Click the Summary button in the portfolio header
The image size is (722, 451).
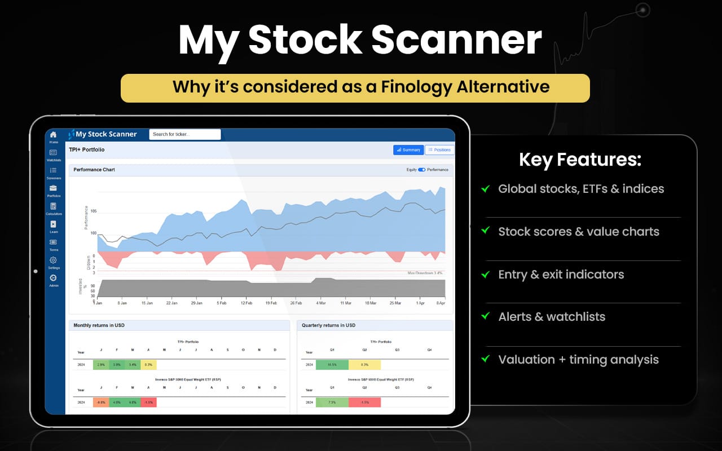tap(408, 150)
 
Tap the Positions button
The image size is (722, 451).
tap(439, 150)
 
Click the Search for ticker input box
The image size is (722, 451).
tap(185, 134)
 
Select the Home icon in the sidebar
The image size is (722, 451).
tap(53, 135)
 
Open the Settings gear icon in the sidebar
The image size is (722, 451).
tap(53, 260)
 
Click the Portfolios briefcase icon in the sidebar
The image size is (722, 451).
tap(53, 188)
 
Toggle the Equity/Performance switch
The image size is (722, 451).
tap(421, 170)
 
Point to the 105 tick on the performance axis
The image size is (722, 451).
tap(93, 211)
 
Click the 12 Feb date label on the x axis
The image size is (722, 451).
tap(246, 303)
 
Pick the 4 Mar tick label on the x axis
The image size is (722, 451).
tap(321, 303)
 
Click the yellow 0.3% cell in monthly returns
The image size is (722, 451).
tap(148, 365)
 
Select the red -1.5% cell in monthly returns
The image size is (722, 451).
tap(148, 402)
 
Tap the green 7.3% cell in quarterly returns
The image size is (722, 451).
tap(332, 402)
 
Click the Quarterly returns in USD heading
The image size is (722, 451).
tap(328, 325)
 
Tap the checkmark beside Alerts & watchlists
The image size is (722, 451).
tap(485, 316)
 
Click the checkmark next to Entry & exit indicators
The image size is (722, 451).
tap(485, 274)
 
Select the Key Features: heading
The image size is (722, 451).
tap(580, 160)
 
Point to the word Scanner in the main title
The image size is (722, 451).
tap(457, 40)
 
